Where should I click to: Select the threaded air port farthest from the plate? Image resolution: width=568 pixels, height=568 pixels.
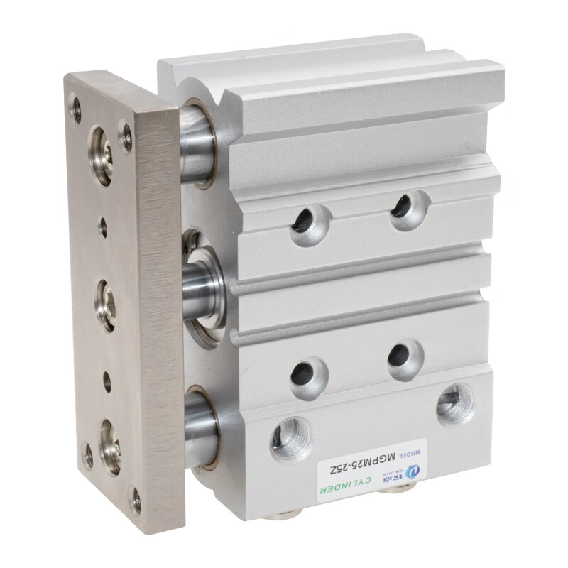pyautogui.click(x=454, y=404)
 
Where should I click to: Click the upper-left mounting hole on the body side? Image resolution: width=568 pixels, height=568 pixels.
pyautogui.click(x=310, y=224)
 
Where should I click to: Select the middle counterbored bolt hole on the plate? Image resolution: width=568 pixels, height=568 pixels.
pyautogui.click(x=106, y=305)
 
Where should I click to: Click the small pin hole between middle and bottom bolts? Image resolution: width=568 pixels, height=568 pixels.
pyautogui.click(x=107, y=381)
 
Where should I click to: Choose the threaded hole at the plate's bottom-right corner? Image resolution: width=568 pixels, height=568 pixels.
pyautogui.click(x=134, y=499)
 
